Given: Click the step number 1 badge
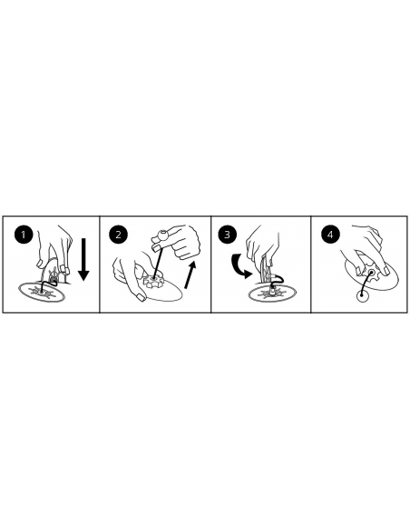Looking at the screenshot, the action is tap(24, 234).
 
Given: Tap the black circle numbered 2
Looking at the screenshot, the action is tap(118, 234).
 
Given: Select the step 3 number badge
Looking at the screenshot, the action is tap(227, 234).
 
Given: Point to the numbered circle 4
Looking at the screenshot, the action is tap(330, 234).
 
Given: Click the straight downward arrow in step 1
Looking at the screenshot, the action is tap(83, 259).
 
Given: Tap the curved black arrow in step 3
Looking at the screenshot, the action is tap(239, 266).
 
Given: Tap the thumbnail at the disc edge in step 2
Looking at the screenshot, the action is tap(141, 297).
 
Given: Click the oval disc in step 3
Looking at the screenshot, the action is tap(272, 294).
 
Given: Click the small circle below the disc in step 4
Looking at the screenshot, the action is tap(362, 296).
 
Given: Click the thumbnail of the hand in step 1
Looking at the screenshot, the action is tap(40, 264).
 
